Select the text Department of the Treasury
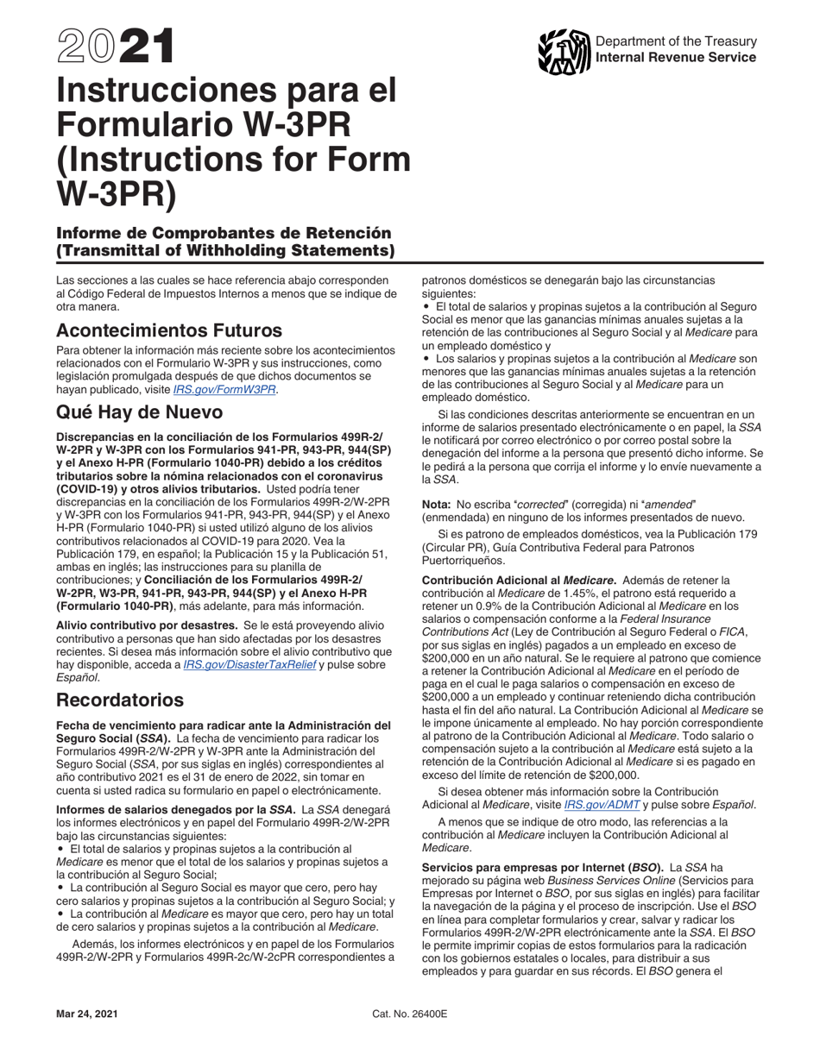click(x=676, y=42)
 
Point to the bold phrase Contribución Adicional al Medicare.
click(x=518, y=580)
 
